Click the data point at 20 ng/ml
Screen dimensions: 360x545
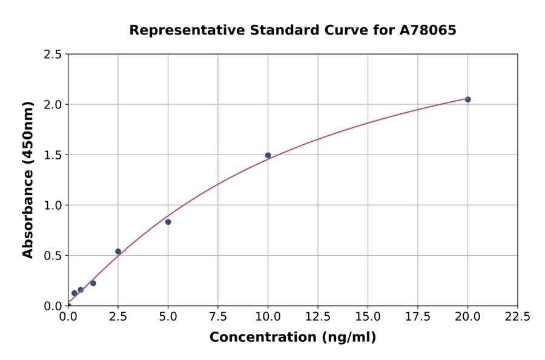tap(467, 99)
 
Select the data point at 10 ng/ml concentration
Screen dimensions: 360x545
tap(268, 155)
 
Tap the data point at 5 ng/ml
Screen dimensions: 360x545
tap(168, 222)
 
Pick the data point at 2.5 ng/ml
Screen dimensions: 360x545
tap(118, 252)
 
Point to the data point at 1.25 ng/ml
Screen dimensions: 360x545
tap(93, 283)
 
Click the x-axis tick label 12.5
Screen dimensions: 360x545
tap(318, 316)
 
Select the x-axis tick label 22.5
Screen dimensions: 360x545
tap(518, 316)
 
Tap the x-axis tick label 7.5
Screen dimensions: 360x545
tap(218, 316)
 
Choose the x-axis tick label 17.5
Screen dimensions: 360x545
tap(418, 316)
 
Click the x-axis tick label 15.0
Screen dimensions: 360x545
tap(368, 316)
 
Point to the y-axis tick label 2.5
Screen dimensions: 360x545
tap(53, 55)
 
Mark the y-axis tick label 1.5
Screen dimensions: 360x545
tap(53, 155)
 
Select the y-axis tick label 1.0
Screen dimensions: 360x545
tap(53, 205)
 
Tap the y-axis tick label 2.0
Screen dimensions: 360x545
tap(53, 105)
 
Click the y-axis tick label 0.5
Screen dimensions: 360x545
tap(53, 256)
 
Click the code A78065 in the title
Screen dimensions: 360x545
tap(428, 30)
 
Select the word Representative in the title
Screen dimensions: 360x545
tap(177, 30)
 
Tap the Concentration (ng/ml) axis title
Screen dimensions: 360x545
tap(292, 338)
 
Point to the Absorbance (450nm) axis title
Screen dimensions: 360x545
tap(28, 179)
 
